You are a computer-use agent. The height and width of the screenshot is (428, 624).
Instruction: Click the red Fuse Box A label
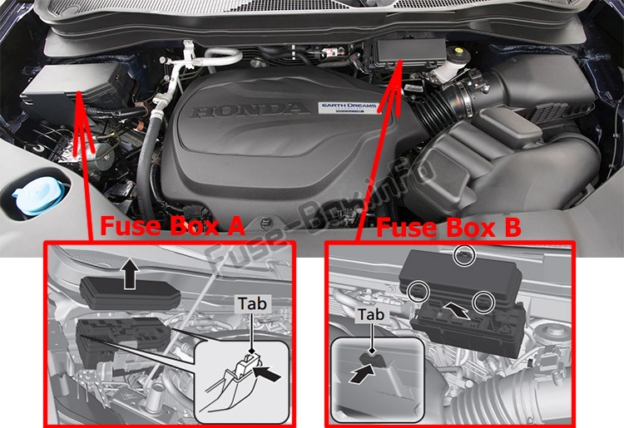pos(172,226)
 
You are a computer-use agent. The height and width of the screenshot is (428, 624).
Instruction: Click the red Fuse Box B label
pos(448,228)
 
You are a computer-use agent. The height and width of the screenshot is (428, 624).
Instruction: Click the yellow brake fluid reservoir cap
pos(458,52)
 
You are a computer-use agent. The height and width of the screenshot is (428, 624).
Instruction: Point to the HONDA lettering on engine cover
pos(250,110)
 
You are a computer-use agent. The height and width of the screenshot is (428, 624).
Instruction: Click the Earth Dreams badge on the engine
pos(348,108)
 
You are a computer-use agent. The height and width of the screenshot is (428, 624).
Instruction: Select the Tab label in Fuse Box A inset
pos(252,303)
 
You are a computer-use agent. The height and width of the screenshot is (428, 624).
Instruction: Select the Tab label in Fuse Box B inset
pos(371,314)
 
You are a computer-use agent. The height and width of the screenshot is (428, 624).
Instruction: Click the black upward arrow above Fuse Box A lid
pos(131,273)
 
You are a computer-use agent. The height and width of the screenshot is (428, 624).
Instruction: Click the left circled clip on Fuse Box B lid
pos(419,292)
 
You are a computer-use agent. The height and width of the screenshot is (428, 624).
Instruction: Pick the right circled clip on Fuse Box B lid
pos(483,302)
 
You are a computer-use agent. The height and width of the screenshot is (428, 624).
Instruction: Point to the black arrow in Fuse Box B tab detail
pos(362,374)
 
